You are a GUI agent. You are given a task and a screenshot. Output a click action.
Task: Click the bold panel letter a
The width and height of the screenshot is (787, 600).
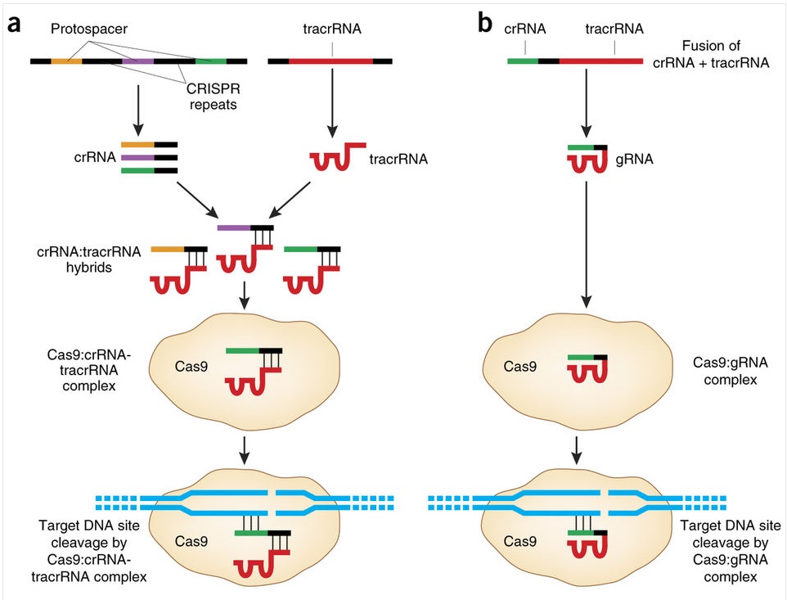[14, 24]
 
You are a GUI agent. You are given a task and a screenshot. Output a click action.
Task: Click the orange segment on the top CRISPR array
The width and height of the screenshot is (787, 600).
[66, 61]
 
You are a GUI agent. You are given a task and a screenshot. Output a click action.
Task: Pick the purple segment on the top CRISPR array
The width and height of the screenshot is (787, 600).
[137, 61]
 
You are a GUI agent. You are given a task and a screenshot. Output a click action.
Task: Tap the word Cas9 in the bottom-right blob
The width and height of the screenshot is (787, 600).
[519, 541]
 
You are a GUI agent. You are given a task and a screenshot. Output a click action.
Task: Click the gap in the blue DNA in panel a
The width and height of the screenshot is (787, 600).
[271, 501]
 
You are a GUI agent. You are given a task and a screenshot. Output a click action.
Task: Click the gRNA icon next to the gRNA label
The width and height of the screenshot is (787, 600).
[587, 158]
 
